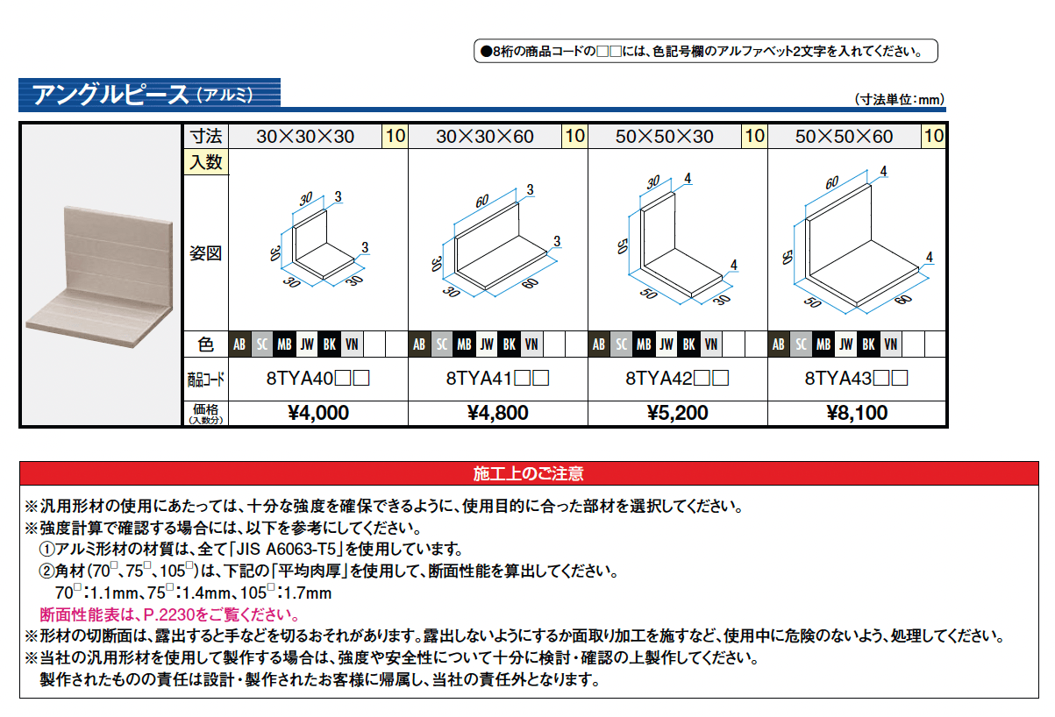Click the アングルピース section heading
(110, 94)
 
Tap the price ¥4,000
(317, 413)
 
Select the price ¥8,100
(857, 413)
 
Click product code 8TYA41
(497, 380)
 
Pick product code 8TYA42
(676, 380)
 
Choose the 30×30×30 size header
(305, 137)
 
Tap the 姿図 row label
(205, 253)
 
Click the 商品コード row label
(205, 380)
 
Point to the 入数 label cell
(205, 162)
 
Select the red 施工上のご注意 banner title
(528, 474)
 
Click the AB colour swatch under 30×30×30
(239, 344)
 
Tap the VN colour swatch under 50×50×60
(890, 344)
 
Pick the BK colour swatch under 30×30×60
(509, 344)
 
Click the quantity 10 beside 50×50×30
(754, 137)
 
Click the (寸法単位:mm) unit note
(898, 100)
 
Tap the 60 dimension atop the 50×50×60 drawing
(831, 181)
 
